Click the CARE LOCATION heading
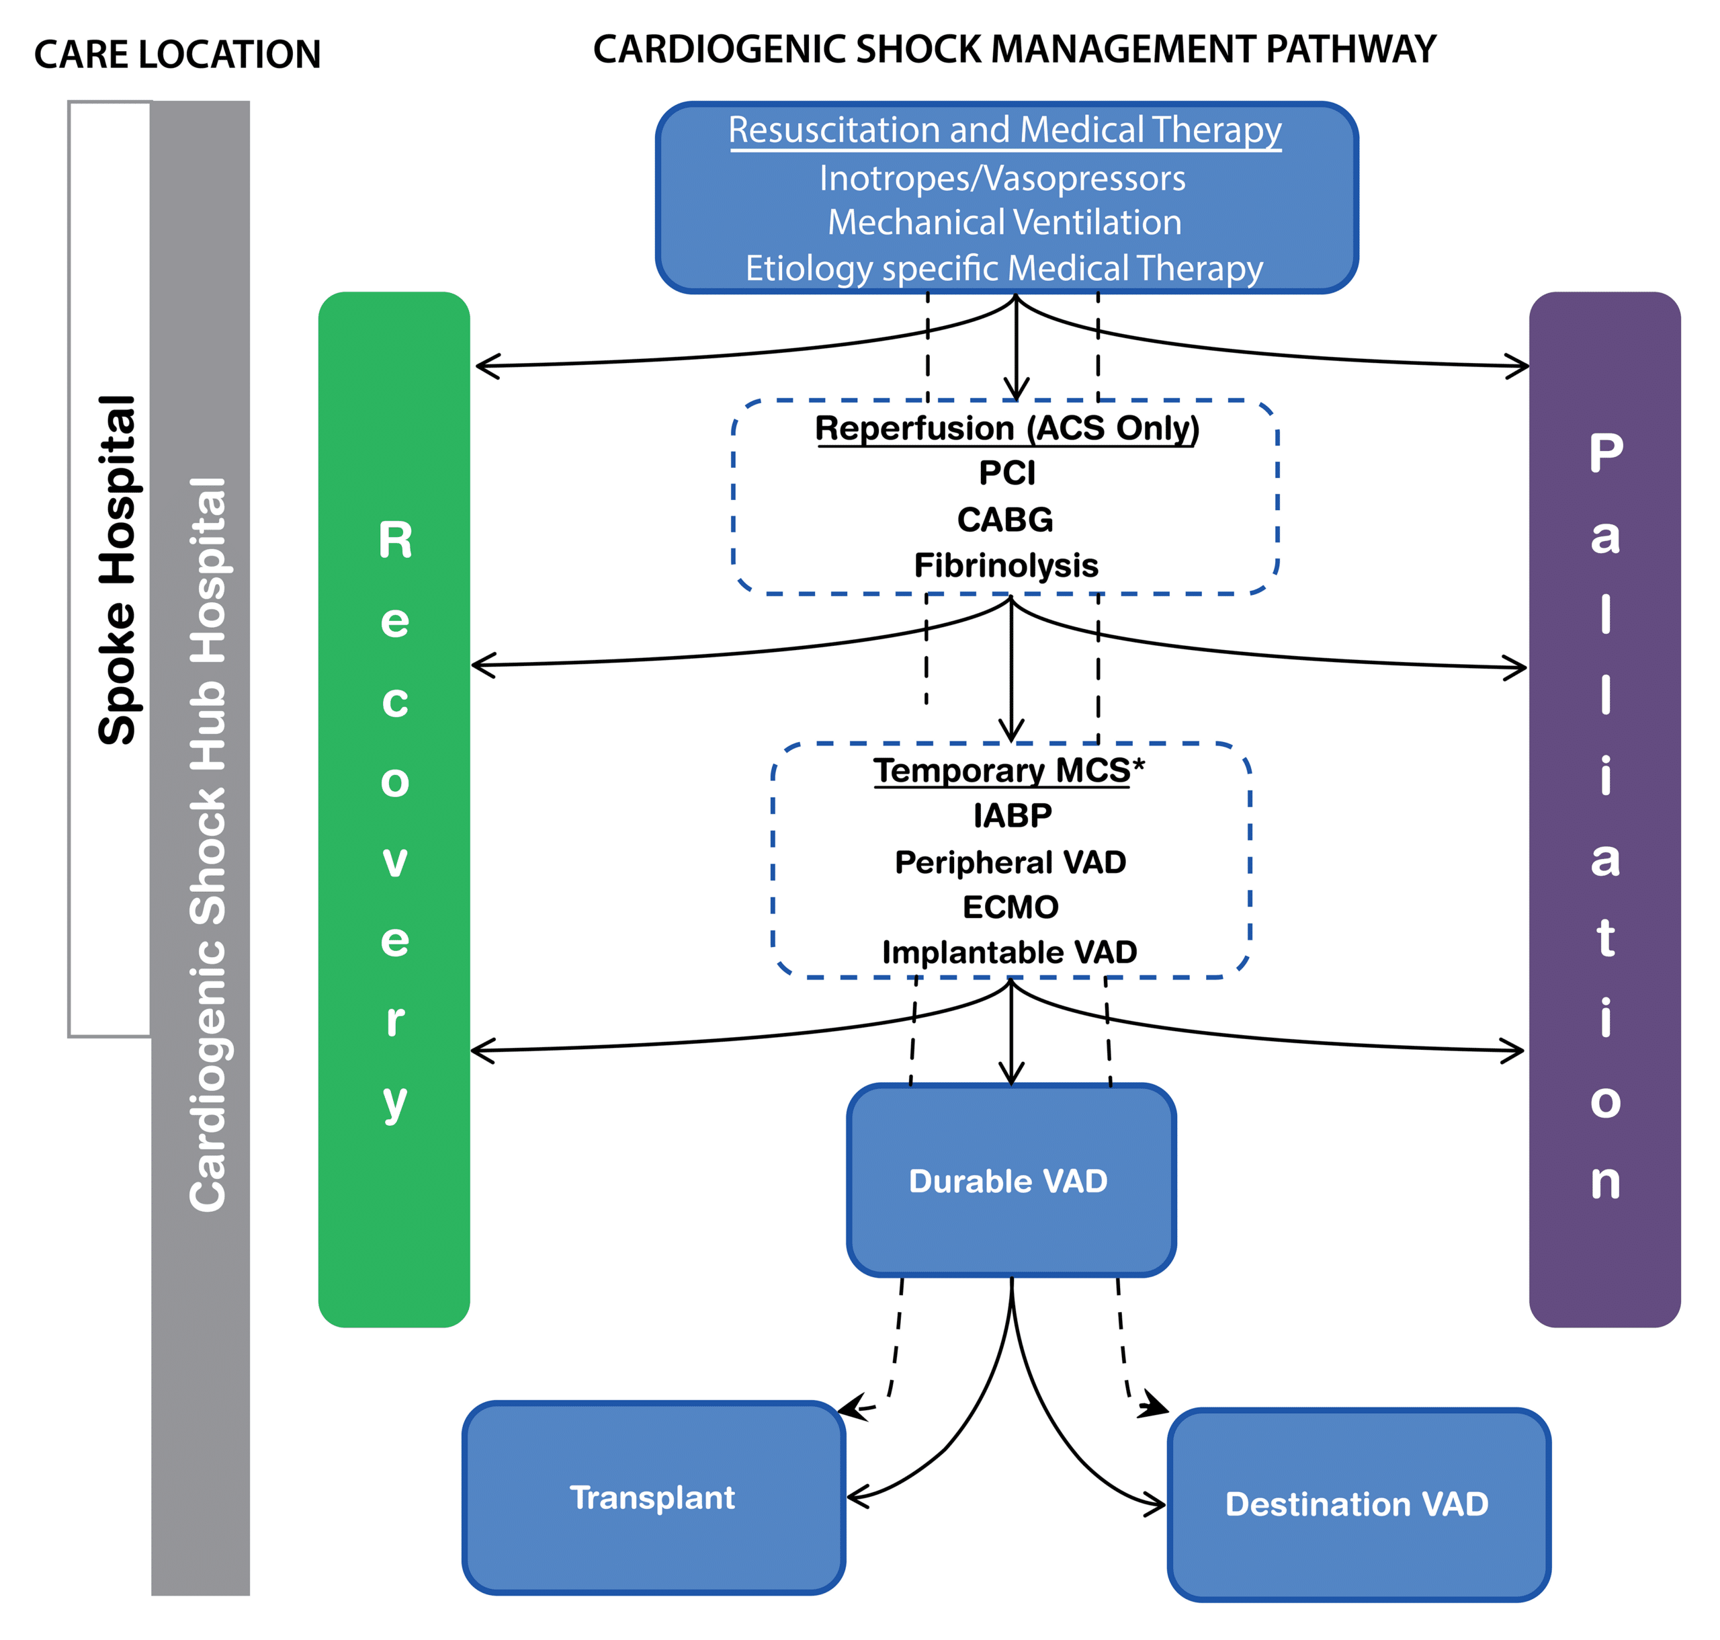tap(177, 54)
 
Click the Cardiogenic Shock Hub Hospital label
tap(208, 844)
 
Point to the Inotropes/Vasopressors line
tap(1002, 178)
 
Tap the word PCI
tap(1007, 473)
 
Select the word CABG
tap(1004, 520)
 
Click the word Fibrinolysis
tap(1005, 566)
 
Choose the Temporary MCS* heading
tap(1008, 770)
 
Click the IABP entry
tap(1012, 815)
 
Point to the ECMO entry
tap(1010, 907)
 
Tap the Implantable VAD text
tap(1008, 952)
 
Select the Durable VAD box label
tap(1008, 1181)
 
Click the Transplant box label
tap(652, 1498)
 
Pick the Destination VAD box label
tap(1356, 1504)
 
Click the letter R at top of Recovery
tap(395, 540)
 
